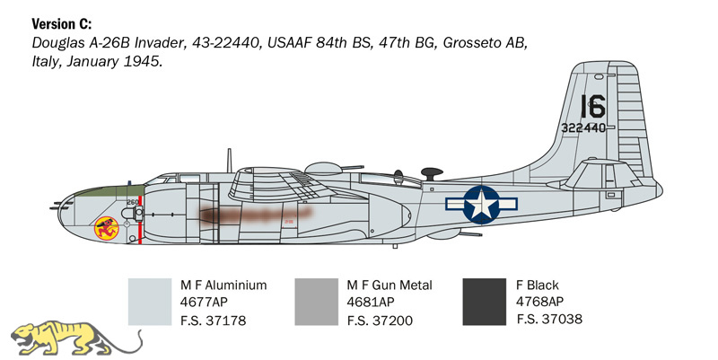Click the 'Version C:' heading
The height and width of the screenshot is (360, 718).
(x=61, y=24)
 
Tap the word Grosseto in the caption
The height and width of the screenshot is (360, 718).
(x=472, y=42)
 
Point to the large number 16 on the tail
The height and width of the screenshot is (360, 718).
(x=592, y=107)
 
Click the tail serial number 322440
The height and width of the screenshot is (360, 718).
(x=582, y=127)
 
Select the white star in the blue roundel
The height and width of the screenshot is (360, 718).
(x=481, y=204)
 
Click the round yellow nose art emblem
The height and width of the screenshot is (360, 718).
(x=106, y=228)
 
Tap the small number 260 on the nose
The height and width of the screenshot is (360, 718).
(x=132, y=202)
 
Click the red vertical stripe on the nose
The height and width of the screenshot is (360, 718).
(x=140, y=220)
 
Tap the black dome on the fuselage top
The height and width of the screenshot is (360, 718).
(x=432, y=173)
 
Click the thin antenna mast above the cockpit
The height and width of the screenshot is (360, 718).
(x=230, y=161)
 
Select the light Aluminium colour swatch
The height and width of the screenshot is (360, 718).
(x=150, y=302)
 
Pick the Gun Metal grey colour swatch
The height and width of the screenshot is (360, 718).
(x=317, y=302)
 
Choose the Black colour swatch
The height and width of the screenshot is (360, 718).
(x=484, y=302)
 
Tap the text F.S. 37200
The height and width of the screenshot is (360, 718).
(x=380, y=320)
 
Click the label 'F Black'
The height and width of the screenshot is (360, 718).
(x=537, y=285)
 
